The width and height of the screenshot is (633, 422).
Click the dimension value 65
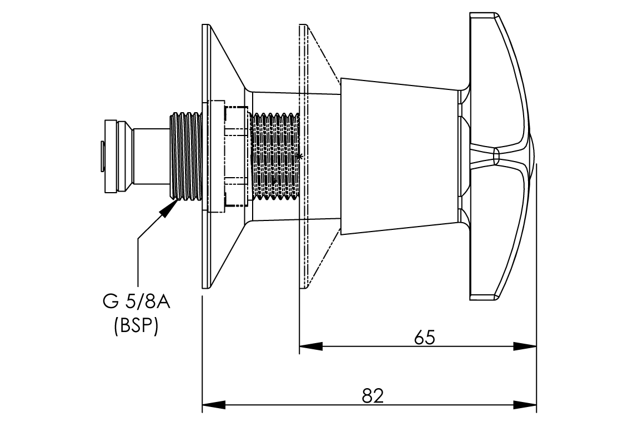425,338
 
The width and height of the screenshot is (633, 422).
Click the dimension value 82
373,395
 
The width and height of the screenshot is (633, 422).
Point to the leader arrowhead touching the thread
169,209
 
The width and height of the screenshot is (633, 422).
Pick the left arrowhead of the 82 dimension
213,404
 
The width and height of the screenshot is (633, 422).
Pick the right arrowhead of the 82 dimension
525,404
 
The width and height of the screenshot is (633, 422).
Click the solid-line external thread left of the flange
186,156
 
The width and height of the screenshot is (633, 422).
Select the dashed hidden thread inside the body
275,156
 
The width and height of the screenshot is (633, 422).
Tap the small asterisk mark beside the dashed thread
300,157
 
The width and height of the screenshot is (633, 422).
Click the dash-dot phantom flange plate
303,156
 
